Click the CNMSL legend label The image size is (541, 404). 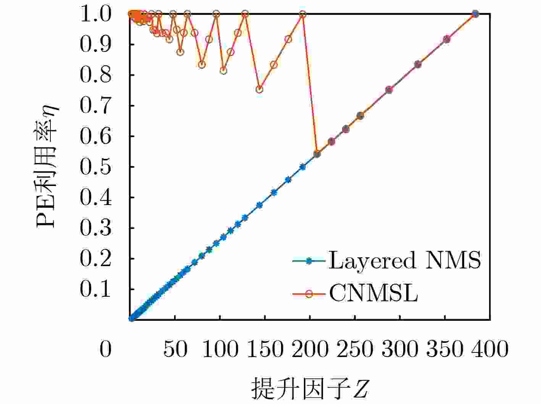[373, 293]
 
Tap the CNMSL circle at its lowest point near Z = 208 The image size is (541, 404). [317, 154]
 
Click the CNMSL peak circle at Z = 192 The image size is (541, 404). [303, 14]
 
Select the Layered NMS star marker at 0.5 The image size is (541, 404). [303, 167]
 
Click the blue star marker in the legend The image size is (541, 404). [309, 261]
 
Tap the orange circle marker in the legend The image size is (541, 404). [309, 293]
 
